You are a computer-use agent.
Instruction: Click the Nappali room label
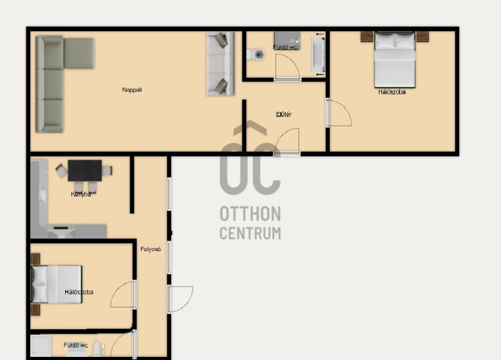tap(132, 90)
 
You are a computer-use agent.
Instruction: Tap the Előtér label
tap(284, 115)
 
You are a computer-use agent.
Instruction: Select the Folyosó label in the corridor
tap(150, 249)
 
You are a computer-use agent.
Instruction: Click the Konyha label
tap(81, 194)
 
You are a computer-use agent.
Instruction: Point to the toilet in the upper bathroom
tap(256, 54)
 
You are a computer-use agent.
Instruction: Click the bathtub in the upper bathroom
tap(318, 54)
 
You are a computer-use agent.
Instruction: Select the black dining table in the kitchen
tap(85, 170)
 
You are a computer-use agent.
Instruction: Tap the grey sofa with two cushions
tap(220, 63)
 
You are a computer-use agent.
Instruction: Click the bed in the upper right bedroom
tap(395, 59)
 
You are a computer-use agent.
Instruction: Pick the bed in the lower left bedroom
tap(56, 284)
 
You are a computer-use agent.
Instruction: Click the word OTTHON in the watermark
tap(250, 213)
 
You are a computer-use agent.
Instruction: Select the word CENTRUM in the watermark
tap(250, 233)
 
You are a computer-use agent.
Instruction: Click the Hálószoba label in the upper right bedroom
tap(392, 92)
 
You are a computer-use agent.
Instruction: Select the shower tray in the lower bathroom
tap(41, 346)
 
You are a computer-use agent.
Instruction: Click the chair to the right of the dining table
tap(107, 171)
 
